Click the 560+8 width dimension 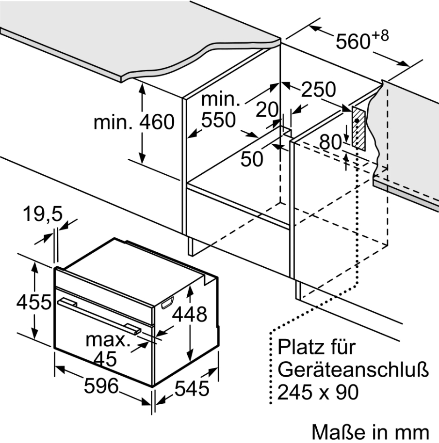click(361, 41)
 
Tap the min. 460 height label click(134, 122)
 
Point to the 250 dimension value click(318, 90)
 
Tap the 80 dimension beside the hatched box click(331, 142)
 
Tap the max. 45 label click(108, 349)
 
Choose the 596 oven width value click(102, 386)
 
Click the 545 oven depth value click(191, 388)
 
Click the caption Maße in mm click(370, 431)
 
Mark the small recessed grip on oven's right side click(166, 304)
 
